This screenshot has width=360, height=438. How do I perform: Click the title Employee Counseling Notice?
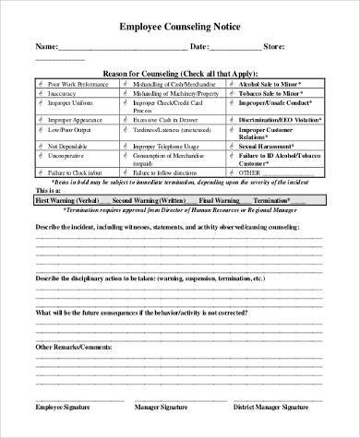click(180, 27)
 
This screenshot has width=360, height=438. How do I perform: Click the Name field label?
click(46, 45)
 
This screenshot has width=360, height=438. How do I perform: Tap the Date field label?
click(201, 45)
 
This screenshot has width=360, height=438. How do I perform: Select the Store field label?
click(275, 45)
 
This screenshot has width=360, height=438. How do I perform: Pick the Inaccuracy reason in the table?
click(63, 93)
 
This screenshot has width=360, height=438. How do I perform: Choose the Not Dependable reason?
click(67, 146)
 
